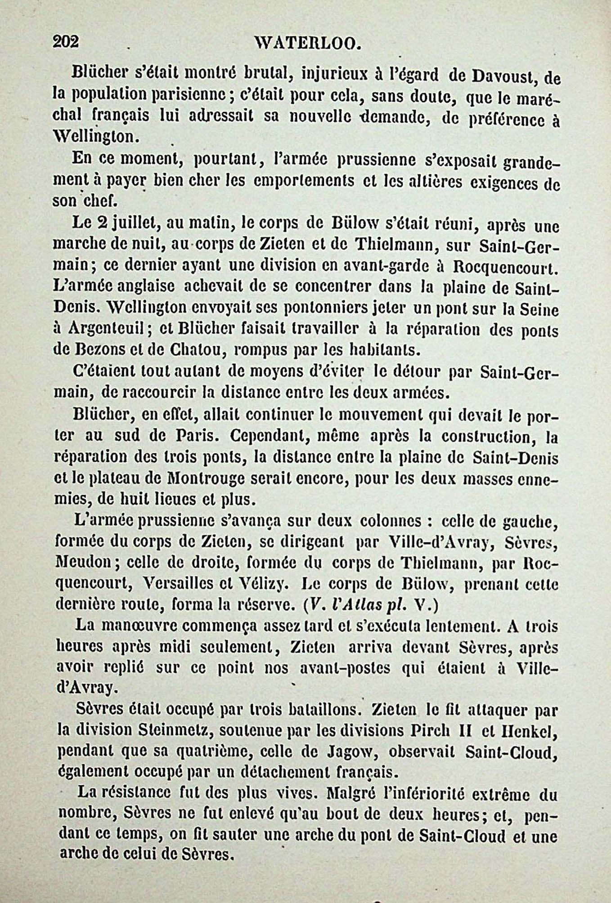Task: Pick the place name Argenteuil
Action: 110,329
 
